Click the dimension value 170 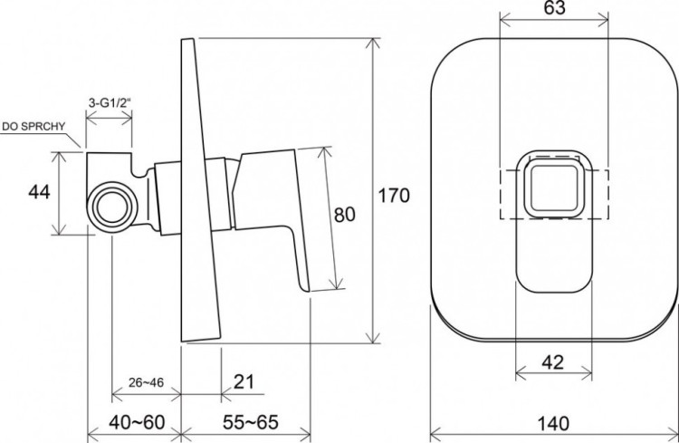click(394, 196)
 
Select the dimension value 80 click(345, 215)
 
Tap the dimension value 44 click(39, 191)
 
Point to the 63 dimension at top click(554, 8)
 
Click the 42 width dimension click(553, 362)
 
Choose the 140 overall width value click(553, 423)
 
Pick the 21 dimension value click(244, 382)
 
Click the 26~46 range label click(146, 382)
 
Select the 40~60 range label click(137, 422)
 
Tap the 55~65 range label click(251, 422)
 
